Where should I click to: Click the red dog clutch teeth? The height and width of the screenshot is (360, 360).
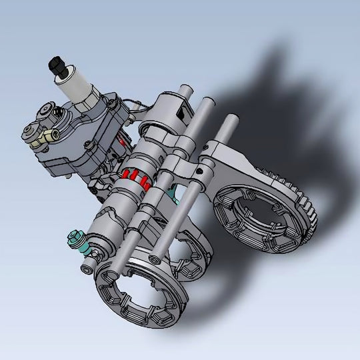(x=137, y=178)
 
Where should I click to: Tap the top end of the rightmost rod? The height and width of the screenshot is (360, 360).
(x=231, y=120)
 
